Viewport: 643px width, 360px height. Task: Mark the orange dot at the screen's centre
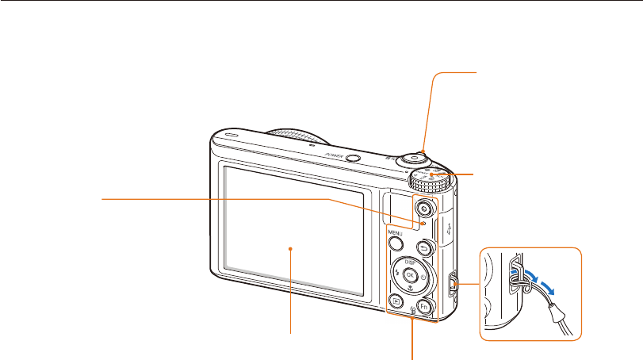coord(292,248)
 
